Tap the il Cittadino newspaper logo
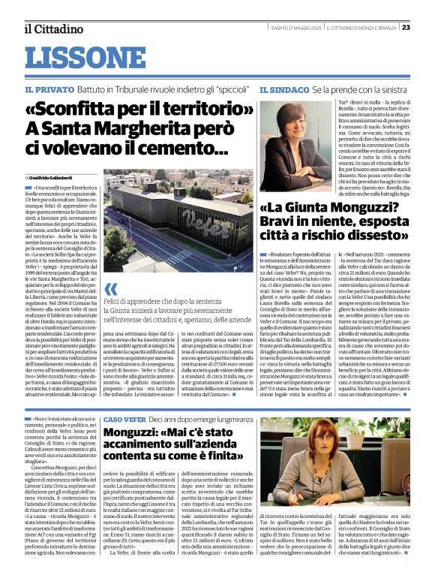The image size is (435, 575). (53, 29)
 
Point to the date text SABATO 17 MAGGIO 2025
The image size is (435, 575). (297, 28)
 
